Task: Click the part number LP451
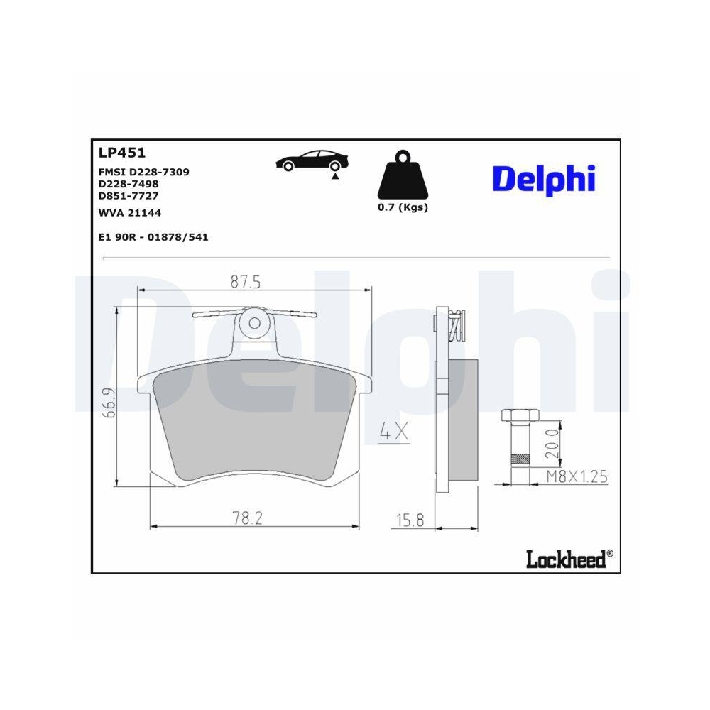[x=121, y=151]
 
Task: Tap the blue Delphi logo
[x=543, y=179]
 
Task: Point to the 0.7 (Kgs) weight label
[x=402, y=207]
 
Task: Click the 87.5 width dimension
[x=246, y=282]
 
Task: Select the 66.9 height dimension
[x=108, y=404]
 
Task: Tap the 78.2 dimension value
[x=246, y=519]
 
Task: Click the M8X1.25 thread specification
[x=576, y=476]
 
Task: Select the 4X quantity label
[x=393, y=432]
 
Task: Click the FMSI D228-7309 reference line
[x=143, y=172]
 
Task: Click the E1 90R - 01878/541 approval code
[x=153, y=237]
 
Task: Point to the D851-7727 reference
[x=128, y=195]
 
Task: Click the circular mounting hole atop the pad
[x=253, y=322]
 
